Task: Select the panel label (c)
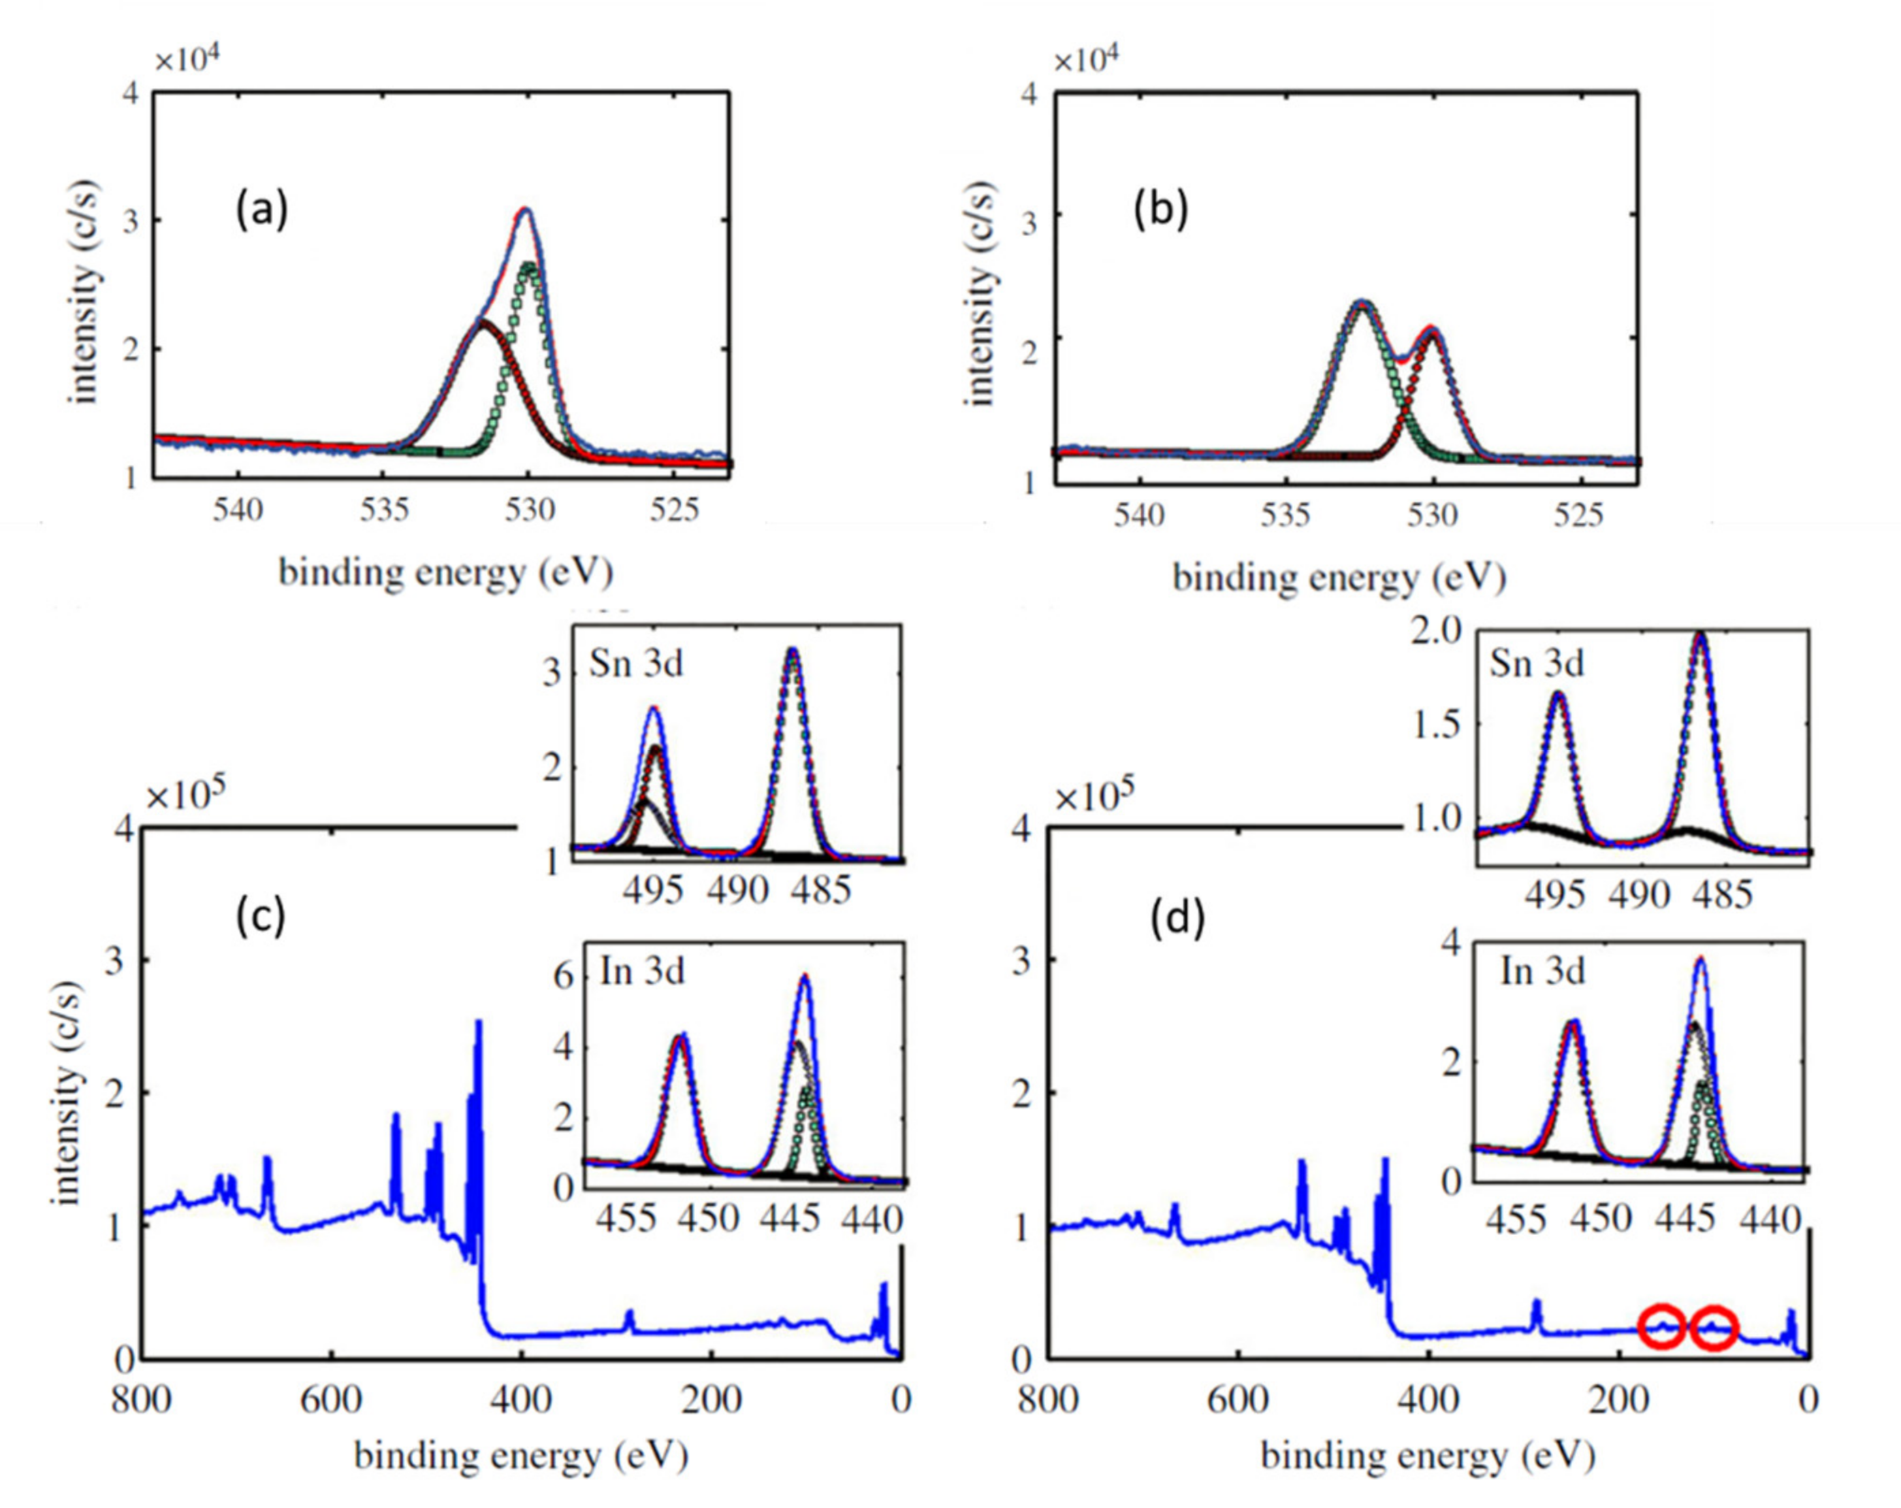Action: (260, 917)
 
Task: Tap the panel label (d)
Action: (1178, 919)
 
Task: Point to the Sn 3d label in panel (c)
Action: (636, 663)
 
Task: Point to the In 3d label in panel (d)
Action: (1542, 971)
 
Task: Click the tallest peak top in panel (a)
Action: (526, 210)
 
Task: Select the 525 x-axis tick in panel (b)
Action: (1578, 514)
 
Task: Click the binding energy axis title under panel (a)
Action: (445, 574)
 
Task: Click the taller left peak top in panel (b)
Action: (1362, 302)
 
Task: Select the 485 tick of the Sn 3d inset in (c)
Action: (821, 890)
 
